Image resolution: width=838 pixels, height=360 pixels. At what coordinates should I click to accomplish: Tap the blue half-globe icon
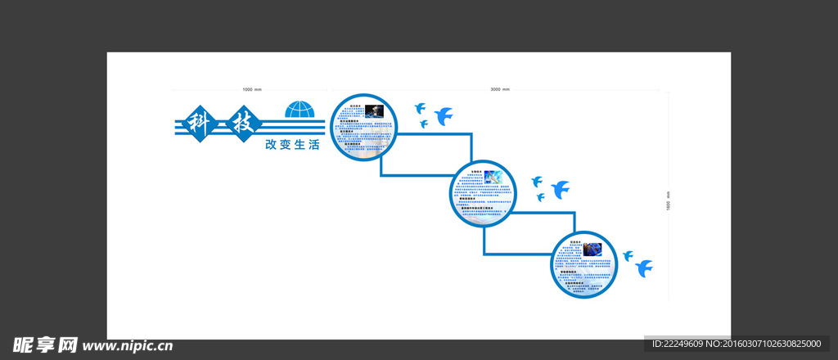coord(300,110)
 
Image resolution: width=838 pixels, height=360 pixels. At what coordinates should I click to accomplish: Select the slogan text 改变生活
coord(292,145)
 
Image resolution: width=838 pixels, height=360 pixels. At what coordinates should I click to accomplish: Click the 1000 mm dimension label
coord(252,88)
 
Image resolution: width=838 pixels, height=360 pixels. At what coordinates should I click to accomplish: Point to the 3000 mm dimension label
coord(499,88)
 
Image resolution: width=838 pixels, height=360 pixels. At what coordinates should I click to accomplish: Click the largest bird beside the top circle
coord(444,115)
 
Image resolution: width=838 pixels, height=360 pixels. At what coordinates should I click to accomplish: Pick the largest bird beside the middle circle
coord(561,189)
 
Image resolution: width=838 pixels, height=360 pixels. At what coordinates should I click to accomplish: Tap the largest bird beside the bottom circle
coord(643,268)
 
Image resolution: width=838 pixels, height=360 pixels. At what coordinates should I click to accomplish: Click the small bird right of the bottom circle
coord(628,256)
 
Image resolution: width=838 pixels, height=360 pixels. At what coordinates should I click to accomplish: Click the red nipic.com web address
coord(128,345)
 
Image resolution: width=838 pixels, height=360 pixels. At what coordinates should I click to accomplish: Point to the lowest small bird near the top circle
coord(423,124)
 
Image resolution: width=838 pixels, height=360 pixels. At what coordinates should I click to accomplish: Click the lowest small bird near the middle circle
coord(540,196)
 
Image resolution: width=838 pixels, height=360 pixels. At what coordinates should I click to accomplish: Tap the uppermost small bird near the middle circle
coord(537,181)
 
